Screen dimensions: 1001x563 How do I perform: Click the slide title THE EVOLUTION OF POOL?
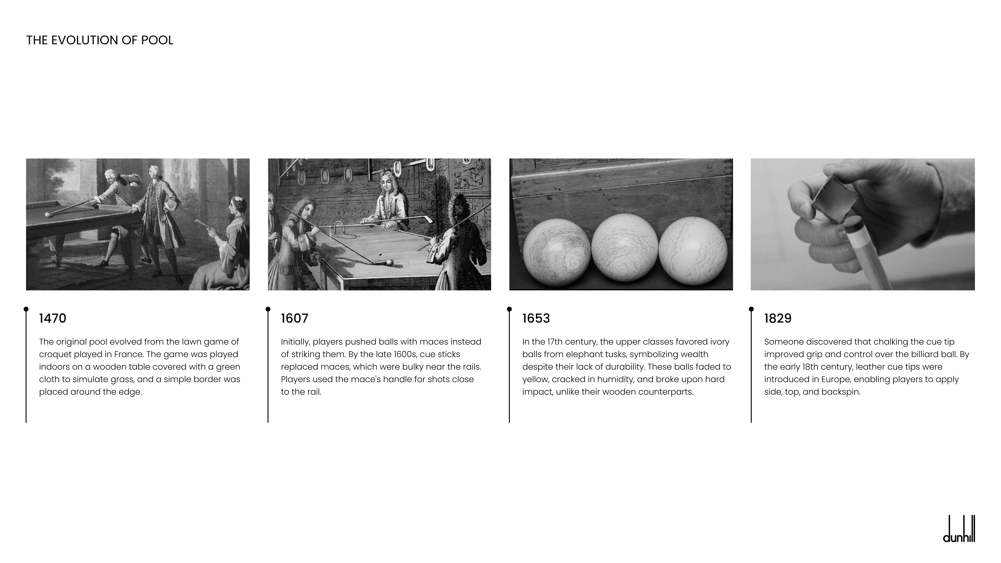point(99,40)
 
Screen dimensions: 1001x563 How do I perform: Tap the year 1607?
point(295,318)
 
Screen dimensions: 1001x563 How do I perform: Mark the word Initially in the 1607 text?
point(295,342)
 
